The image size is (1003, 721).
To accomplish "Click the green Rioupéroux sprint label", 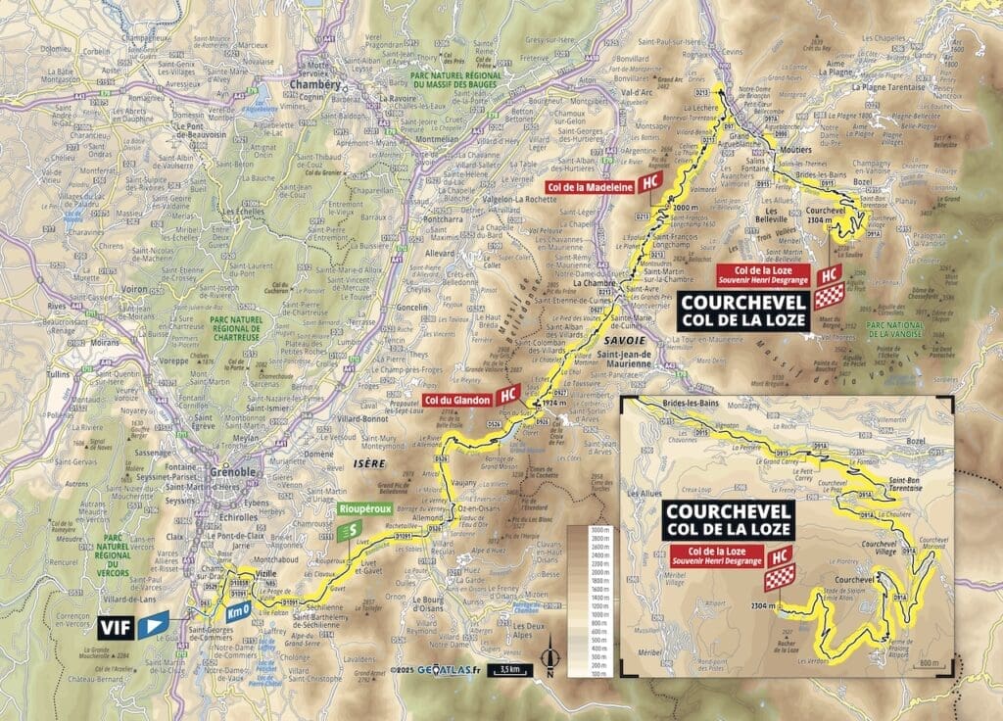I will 358,509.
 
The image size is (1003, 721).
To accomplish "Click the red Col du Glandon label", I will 456,398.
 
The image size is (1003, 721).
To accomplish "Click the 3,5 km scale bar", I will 509,670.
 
